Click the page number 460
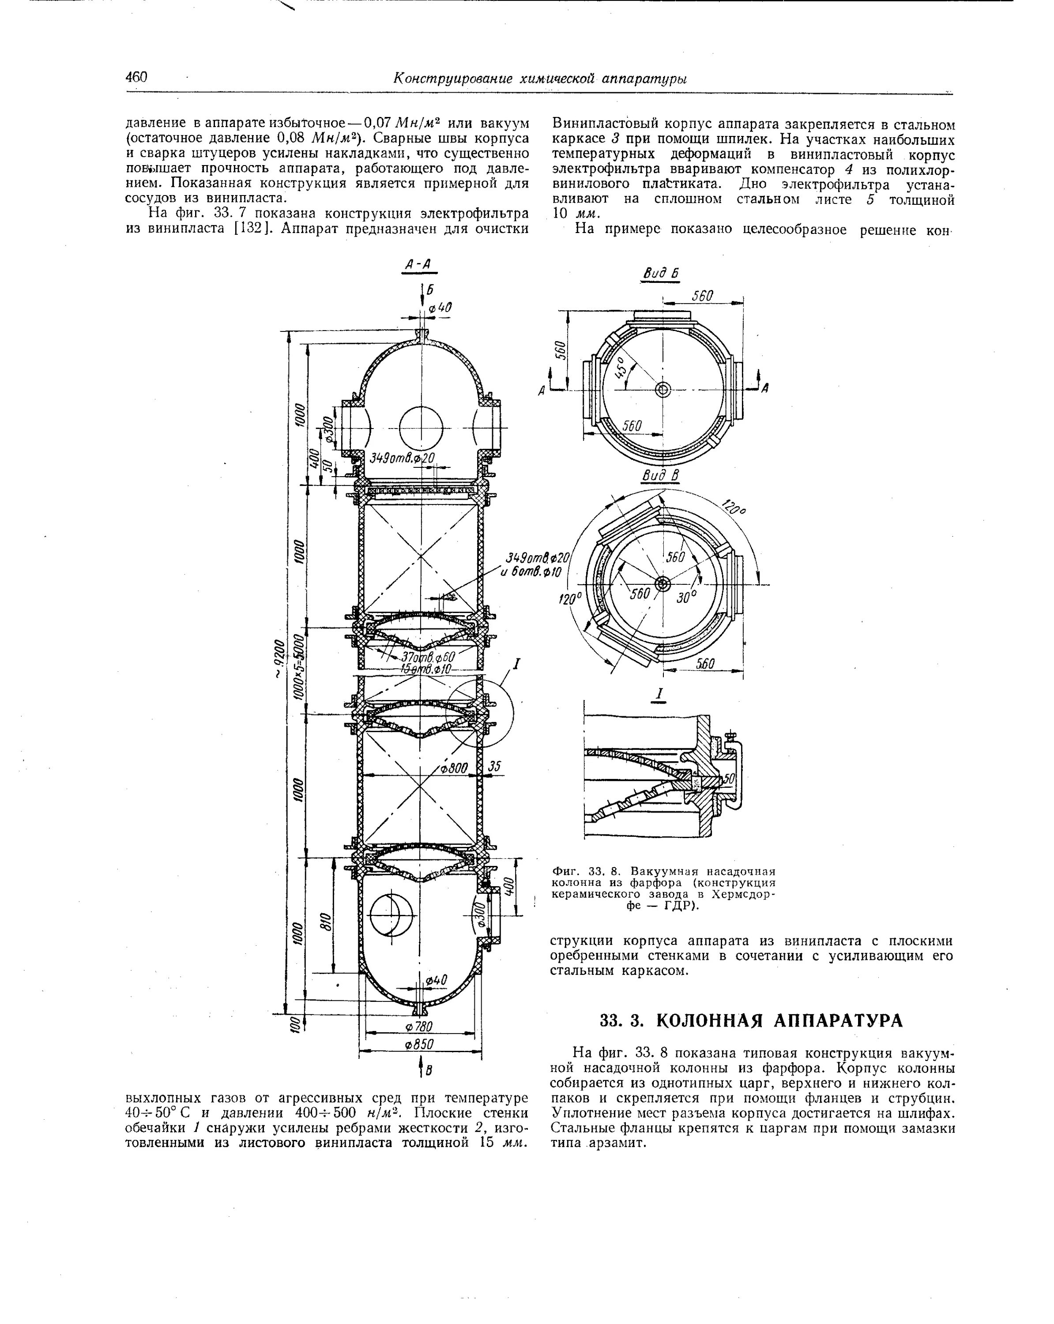(136, 77)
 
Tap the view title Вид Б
(660, 273)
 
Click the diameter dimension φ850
(419, 1045)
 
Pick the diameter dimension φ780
(419, 1027)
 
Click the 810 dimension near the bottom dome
(326, 921)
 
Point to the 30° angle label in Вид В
(686, 596)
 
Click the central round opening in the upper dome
(421, 428)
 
